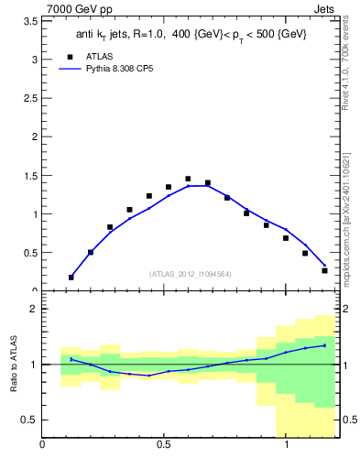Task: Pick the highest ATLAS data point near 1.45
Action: coord(188,179)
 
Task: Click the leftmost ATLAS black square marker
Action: coord(71,277)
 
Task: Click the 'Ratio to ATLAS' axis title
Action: coord(13,365)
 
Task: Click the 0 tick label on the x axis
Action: coord(42,445)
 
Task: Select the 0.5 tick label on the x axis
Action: coord(164,445)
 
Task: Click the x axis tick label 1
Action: coord(286,445)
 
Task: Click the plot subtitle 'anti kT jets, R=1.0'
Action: coord(128,34)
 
